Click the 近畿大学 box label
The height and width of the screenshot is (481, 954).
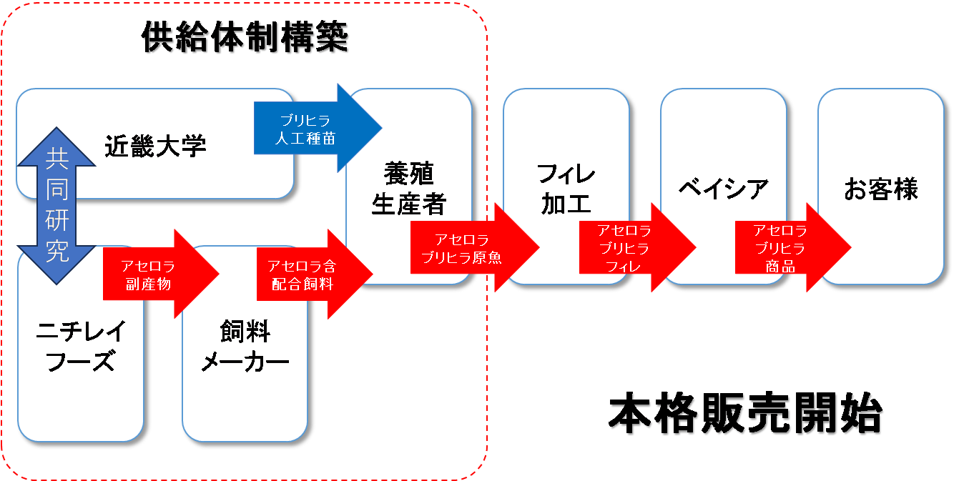pyautogui.click(x=155, y=146)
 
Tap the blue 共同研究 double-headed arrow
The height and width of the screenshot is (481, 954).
pyautogui.click(x=56, y=207)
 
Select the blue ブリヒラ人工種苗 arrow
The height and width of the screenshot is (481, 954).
pyautogui.click(x=315, y=129)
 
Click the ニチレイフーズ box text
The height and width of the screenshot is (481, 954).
pyautogui.click(x=81, y=347)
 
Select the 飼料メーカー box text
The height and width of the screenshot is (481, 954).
pyautogui.click(x=245, y=347)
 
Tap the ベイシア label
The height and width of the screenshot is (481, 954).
pyautogui.click(x=723, y=189)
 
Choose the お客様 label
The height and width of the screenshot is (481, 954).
pyautogui.click(x=880, y=189)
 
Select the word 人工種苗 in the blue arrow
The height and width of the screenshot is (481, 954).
pyautogui.click(x=305, y=138)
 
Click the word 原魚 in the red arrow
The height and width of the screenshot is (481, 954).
pyautogui.click(x=487, y=257)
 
